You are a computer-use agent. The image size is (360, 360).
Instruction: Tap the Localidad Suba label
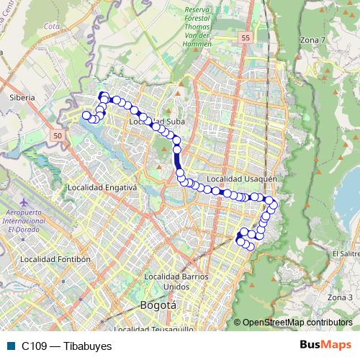(x=153, y=122)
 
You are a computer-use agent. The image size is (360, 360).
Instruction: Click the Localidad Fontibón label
(x=55, y=258)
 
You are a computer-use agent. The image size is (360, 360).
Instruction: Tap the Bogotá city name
(x=158, y=305)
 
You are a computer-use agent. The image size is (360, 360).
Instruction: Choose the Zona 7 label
(x=312, y=40)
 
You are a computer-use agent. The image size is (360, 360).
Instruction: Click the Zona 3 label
(x=340, y=297)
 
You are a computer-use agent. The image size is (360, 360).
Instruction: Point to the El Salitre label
(x=345, y=253)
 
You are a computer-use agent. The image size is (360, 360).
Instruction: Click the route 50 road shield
(x=58, y=135)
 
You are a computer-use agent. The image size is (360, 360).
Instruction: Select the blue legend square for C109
(x=11, y=346)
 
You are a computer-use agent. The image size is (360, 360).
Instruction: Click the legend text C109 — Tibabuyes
(x=66, y=346)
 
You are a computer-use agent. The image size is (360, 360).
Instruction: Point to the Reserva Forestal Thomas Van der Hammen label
(x=187, y=26)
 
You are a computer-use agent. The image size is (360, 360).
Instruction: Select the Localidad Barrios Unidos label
(x=176, y=281)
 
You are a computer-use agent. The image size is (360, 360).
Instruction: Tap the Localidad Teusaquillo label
(x=153, y=329)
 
